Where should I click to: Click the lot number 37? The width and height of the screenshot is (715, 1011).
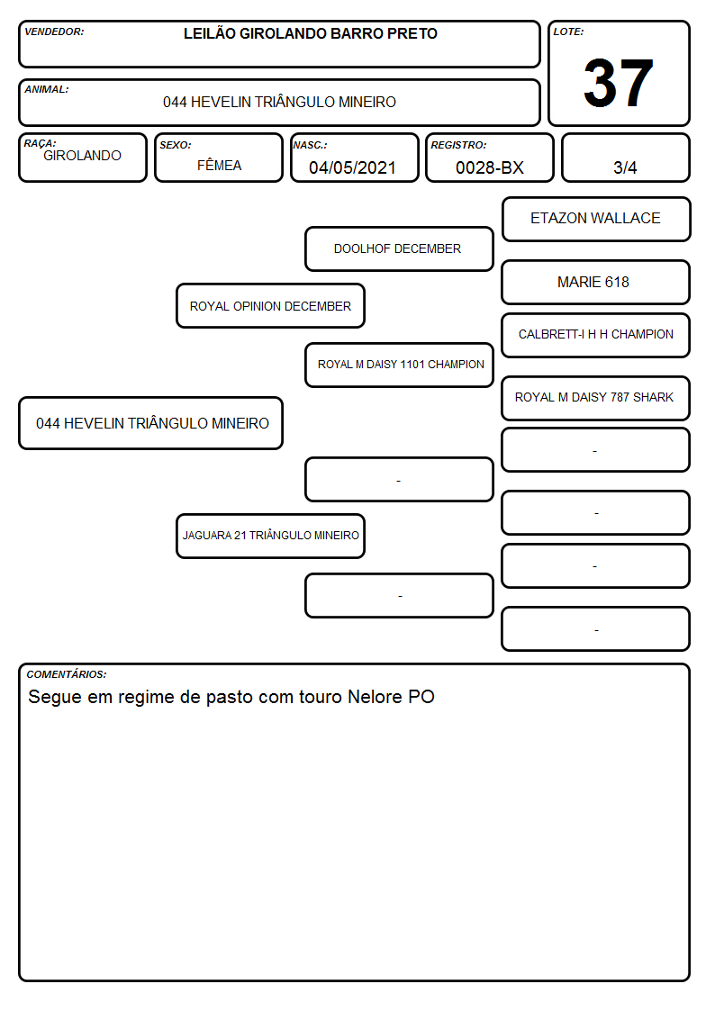click(x=619, y=83)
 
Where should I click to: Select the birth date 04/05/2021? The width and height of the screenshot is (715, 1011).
click(x=352, y=167)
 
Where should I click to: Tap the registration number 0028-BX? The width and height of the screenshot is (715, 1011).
click(x=489, y=167)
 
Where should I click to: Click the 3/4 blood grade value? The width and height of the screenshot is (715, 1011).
click(x=625, y=167)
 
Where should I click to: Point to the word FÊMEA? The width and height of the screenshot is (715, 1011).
click(x=219, y=165)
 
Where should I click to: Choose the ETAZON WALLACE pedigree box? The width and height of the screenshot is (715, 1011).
click(x=596, y=220)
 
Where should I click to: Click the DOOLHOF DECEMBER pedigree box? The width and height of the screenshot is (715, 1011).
click(x=399, y=248)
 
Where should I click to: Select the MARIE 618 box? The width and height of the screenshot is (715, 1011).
click(x=596, y=282)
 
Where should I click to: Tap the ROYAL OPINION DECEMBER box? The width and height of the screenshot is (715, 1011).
click(x=270, y=305)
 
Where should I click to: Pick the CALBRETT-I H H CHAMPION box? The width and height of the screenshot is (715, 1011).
click(x=596, y=335)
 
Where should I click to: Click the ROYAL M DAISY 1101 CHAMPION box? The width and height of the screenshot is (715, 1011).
click(x=399, y=365)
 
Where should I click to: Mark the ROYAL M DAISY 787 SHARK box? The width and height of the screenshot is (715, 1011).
click(x=596, y=398)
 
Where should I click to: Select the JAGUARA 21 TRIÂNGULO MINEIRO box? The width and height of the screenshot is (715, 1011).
click(x=270, y=536)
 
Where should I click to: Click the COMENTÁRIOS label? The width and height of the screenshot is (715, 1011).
click(x=67, y=674)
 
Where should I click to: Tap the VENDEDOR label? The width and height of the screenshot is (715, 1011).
click(x=54, y=32)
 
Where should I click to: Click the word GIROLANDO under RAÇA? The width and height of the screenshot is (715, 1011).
click(x=82, y=156)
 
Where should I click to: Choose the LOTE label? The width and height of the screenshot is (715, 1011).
click(x=568, y=32)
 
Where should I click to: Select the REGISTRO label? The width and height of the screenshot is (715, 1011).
click(x=458, y=145)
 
